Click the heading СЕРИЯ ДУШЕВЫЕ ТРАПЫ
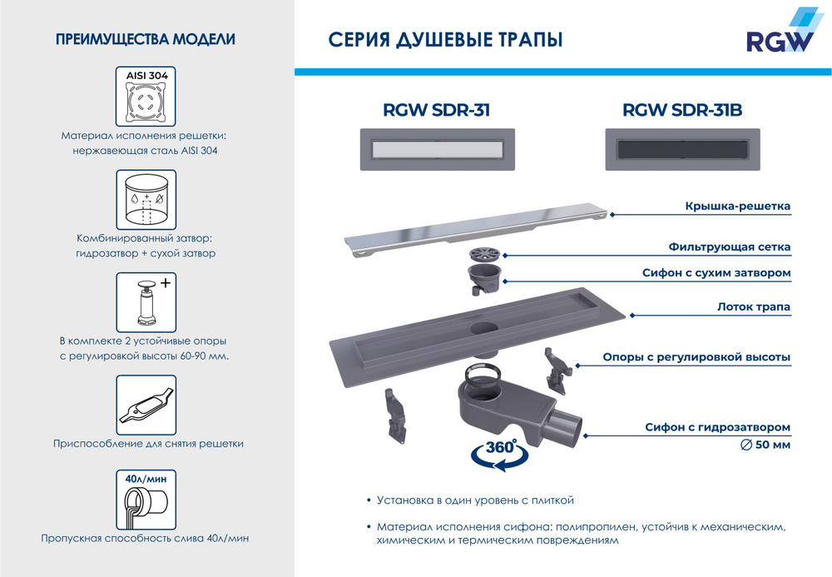point(446,40)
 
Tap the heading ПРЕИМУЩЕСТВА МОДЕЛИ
point(145,39)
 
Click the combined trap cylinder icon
point(146,200)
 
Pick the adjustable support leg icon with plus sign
point(146,302)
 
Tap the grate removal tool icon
point(146,405)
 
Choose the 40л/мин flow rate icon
point(146,499)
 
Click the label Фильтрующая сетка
point(729,247)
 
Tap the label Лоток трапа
point(753,307)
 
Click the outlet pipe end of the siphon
point(575,427)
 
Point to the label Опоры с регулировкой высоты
point(696,358)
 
